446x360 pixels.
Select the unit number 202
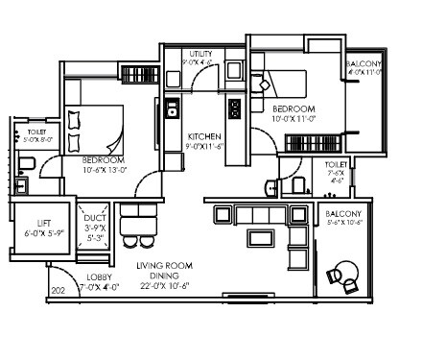57,290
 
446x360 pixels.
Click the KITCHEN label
204,136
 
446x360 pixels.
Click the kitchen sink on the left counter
172,107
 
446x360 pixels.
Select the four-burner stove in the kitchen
233,108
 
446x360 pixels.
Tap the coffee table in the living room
258,236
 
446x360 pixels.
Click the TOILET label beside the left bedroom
36,131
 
